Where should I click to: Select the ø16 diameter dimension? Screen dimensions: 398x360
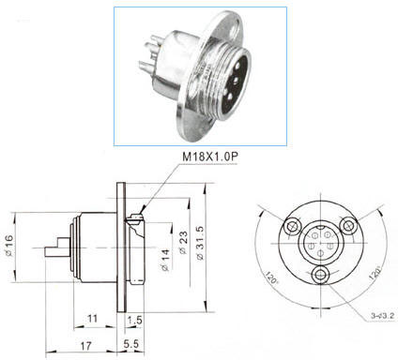pyautogui.click(x=8, y=246)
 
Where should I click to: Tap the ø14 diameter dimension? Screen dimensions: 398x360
pyautogui.click(x=165, y=260)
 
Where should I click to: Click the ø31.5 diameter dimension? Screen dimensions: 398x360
pyautogui.click(x=200, y=243)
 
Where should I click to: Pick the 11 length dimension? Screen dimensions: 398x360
pyautogui.click(x=92, y=319)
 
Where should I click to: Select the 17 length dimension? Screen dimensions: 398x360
pyautogui.click(x=85, y=346)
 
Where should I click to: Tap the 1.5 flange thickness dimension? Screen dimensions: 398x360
pyautogui.click(x=135, y=320)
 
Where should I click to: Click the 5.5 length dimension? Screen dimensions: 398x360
pyautogui.click(x=130, y=344)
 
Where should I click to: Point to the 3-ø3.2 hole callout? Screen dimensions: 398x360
pyautogui.click(x=381, y=316)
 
